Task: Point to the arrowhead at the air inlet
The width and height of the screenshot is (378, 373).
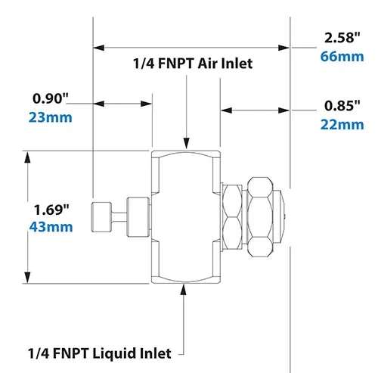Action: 186,143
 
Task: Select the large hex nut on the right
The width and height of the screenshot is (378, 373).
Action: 262,218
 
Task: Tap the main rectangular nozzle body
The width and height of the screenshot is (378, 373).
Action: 186,218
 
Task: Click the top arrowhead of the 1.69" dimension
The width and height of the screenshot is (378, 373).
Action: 28,157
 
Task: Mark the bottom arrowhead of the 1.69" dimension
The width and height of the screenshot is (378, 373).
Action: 28,278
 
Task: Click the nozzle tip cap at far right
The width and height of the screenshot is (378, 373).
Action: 282,218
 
